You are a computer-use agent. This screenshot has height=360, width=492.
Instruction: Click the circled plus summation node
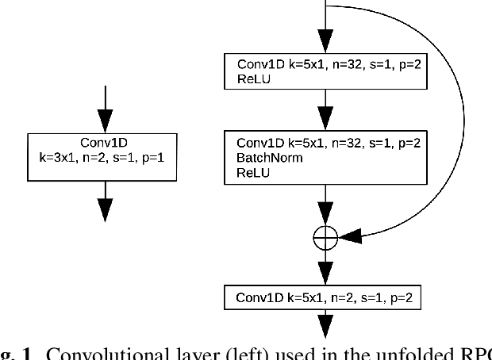pos(327,236)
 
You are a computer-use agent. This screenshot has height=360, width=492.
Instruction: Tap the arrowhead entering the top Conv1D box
pos(327,41)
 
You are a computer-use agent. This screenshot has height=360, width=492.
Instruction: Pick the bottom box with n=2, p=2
pos(327,298)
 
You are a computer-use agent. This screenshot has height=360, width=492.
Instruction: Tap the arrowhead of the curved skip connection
pos(349,236)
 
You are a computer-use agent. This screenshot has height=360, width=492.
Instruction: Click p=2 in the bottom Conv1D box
pos(406,298)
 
